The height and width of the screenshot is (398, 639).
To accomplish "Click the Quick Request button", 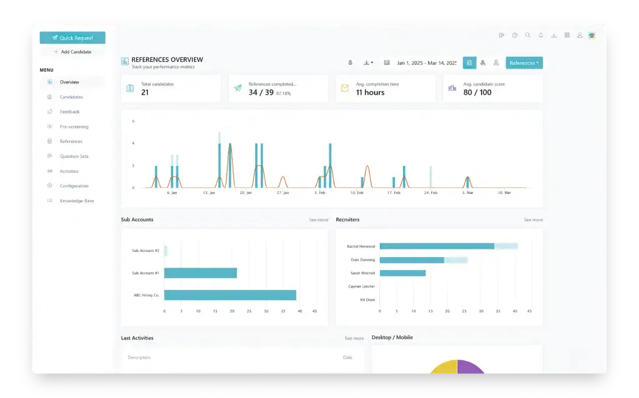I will pos(72,38).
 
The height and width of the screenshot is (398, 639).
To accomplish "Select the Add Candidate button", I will pos(72,52).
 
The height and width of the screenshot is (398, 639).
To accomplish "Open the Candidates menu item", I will pos(71,97).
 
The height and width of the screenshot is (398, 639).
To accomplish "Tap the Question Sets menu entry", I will pos(74,157).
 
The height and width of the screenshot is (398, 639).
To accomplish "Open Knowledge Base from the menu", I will pos(76,201).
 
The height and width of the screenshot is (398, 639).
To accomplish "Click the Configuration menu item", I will pos(74,186).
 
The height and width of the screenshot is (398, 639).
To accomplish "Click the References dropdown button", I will pos(524,63).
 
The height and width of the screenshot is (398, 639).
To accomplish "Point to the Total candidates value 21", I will pos(145,92).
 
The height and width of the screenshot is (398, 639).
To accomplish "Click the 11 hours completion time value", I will pos(370,92).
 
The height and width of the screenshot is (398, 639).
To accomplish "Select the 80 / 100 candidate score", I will pos(477,92).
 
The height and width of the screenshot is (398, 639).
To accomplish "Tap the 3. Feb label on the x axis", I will pos(319,193).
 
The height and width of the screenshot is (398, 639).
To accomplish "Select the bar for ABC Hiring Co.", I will pos(230,295).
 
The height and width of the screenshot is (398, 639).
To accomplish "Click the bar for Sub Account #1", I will pos(200,273).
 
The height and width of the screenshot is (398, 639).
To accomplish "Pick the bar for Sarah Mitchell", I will pos(402,273).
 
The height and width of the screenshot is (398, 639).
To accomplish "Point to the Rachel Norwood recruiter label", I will pos(361,246).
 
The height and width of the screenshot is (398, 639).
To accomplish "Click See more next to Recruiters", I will pos(533,220).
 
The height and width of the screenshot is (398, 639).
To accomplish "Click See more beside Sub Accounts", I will pos(318,220).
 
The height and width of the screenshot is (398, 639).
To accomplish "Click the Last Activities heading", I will pos(137,338).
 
